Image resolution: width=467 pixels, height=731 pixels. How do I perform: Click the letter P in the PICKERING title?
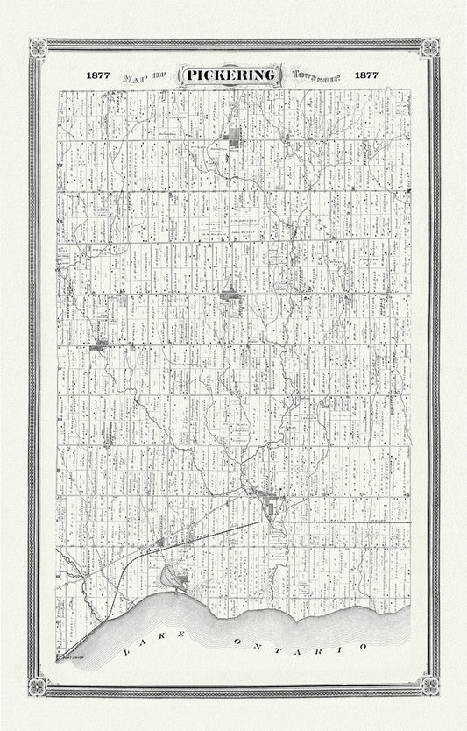[x=192, y=75]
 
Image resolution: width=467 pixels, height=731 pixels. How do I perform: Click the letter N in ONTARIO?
[x=262, y=645]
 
